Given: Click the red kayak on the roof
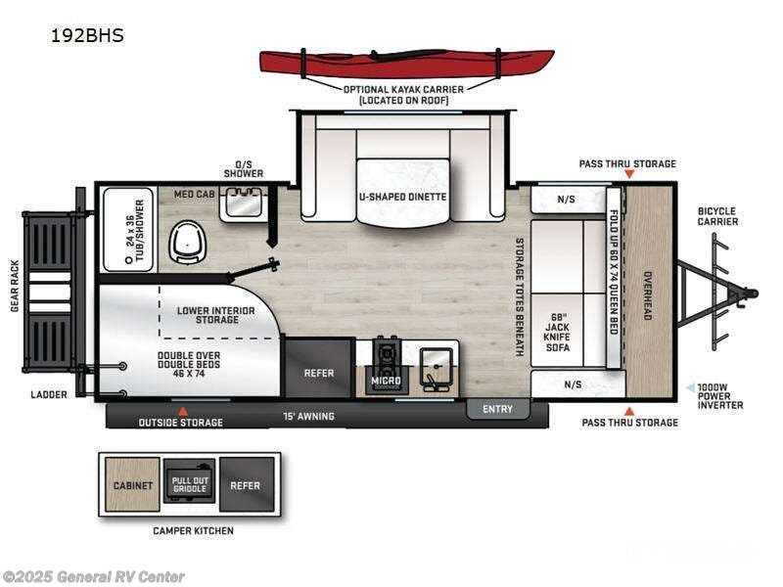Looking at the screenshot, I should (x=406, y=63).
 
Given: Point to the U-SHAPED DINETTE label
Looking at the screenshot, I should (x=402, y=197).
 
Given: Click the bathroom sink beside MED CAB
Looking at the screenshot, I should (x=242, y=203).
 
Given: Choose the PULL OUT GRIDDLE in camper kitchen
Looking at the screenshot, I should (x=190, y=484).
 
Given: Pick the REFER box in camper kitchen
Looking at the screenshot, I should (x=246, y=484).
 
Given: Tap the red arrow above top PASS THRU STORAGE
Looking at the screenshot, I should (x=628, y=174).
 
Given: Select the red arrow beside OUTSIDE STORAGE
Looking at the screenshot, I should (x=181, y=411).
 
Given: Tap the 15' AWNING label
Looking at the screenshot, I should (x=310, y=417).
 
